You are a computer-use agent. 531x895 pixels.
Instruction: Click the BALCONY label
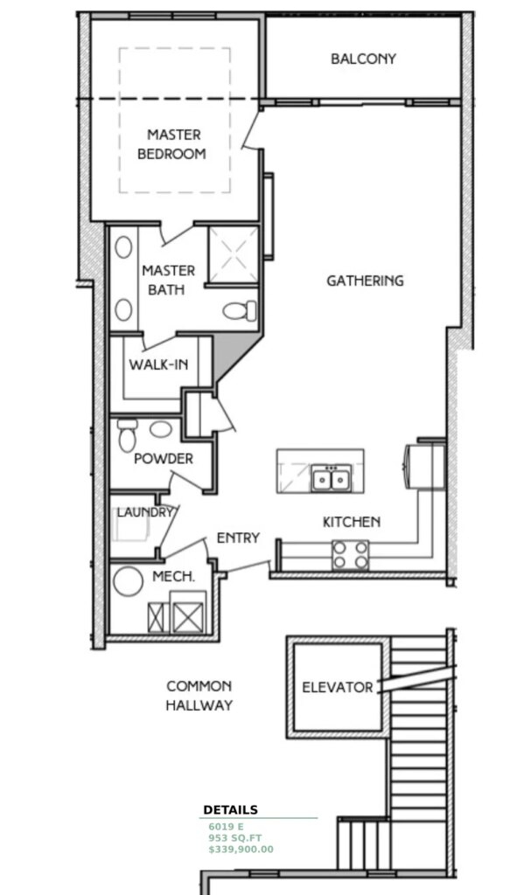(363, 59)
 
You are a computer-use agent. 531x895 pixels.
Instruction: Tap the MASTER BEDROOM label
(176, 144)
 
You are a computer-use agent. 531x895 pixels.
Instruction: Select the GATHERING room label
(365, 281)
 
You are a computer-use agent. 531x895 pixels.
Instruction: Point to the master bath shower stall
(234, 255)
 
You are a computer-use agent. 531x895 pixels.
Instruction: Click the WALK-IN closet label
(158, 364)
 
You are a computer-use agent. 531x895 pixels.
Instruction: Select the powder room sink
(159, 429)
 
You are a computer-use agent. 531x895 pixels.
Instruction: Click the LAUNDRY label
(145, 512)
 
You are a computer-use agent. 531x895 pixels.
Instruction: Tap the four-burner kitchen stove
(349, 554)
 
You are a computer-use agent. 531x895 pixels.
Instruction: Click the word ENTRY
(238, 538)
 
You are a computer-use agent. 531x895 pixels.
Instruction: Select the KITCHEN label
(352, 522)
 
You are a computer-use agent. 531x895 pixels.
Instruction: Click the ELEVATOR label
(338, 687)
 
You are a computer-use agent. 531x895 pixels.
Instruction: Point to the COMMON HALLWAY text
(199, 696)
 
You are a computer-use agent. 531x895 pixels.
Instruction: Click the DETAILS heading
(231, 810)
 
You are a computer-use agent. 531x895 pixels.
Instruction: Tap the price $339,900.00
(241, 849)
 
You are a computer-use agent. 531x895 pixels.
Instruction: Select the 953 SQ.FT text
(234, 837)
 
